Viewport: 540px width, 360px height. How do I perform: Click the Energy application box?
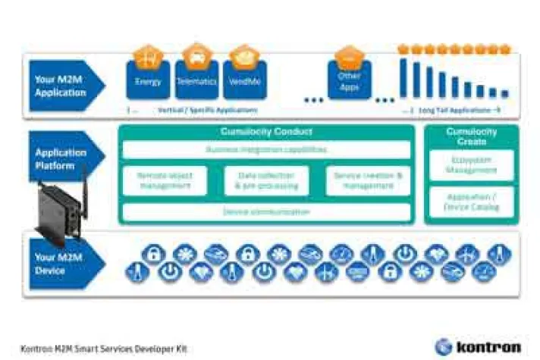point(148,80)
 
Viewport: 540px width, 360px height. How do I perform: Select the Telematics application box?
point(196,80)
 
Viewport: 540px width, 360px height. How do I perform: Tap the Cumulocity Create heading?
point(471,136)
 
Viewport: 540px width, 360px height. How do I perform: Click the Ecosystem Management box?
point(471,166)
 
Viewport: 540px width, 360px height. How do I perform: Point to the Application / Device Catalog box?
point(471,200)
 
